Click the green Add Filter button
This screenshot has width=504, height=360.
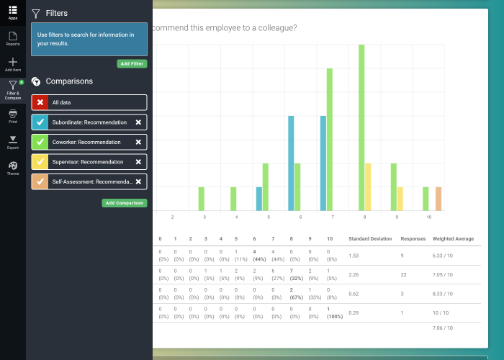132,64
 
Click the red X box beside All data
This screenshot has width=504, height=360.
40,103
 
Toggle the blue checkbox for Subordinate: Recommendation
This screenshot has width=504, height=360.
40,122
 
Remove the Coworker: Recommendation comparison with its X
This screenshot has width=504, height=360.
138,143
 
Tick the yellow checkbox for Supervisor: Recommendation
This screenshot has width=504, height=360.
40,162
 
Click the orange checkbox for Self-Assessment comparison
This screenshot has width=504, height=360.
40,182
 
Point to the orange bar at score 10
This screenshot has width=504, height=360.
438,199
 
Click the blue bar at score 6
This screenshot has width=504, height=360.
291,163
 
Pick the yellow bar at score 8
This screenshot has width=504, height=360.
368,186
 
